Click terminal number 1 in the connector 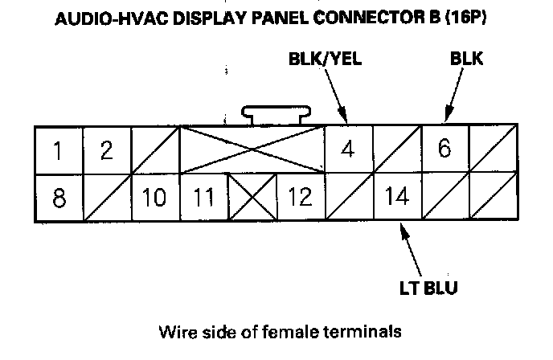(x=58, y=149)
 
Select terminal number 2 (x=106, y=149)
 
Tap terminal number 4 (x=348, y=149)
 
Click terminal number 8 (x=58, y=196)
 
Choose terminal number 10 (x=154, y=196)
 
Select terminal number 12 (x=300, y=196)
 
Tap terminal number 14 (x=396, y=196)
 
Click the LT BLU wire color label (x=435, y=286)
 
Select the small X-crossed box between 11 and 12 (x=252, y=196)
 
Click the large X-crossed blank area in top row (x=252, y=149)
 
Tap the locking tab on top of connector (x=276, y=113)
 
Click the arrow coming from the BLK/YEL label (x=337, y=95)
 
